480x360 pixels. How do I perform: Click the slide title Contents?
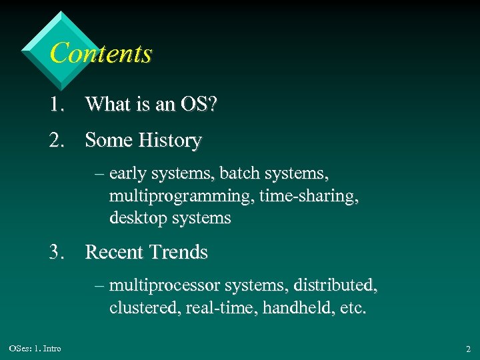click(101, 53)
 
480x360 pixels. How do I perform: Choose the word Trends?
click(179, 253)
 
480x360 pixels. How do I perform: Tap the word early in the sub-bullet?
click(128, 174)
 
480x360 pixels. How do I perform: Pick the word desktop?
click(136, 218)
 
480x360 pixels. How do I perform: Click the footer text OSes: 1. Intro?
click(35, 349)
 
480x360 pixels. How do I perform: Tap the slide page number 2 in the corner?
click(468, 349)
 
